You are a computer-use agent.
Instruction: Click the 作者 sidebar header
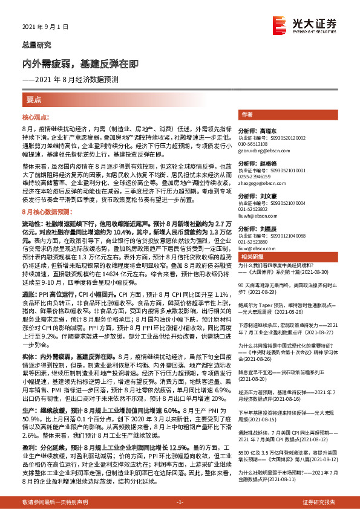tap(246, 114)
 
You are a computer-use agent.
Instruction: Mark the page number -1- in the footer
tap(180, 502)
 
